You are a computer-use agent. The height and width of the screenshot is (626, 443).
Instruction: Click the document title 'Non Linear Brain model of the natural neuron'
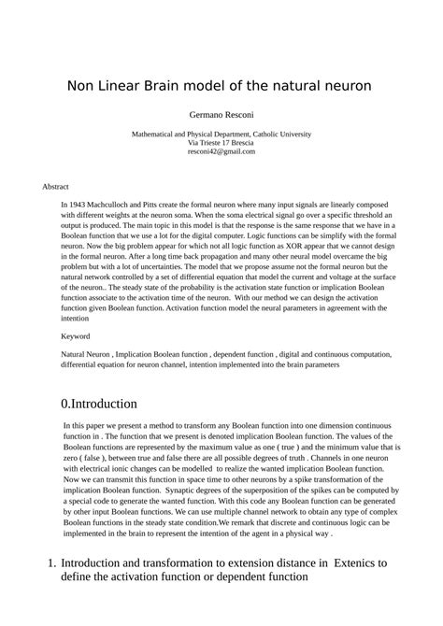point(220,85)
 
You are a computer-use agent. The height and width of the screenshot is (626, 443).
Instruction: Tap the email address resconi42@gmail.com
point(221,150)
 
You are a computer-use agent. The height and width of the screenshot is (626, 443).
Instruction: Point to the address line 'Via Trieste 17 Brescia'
point(221,142)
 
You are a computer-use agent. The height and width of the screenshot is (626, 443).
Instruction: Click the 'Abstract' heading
point(56,187)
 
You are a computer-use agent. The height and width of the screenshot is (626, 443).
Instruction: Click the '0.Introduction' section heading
point(99,404)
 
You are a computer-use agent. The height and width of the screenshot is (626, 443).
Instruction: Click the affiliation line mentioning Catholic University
point(221,134)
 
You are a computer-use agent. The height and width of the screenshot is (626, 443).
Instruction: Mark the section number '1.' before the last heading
point(52,563)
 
